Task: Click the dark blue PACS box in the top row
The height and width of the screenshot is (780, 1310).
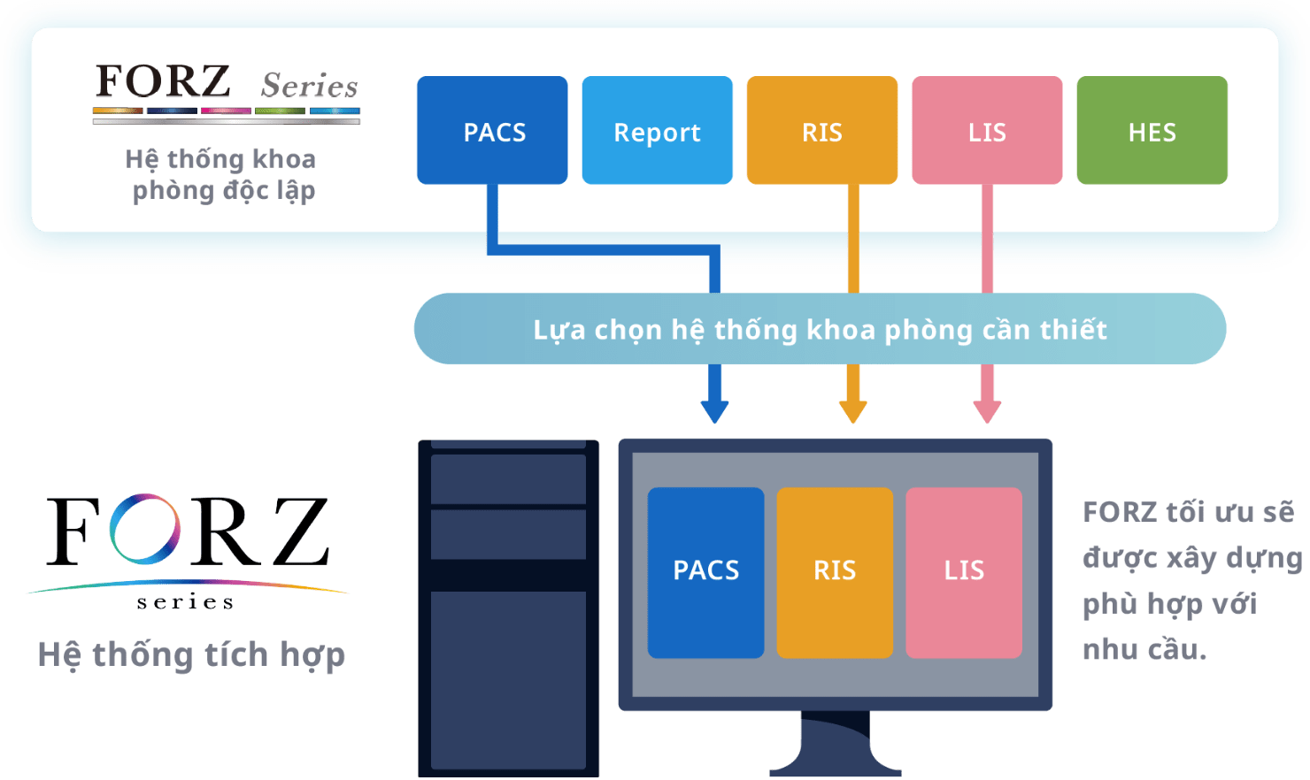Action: (x=492, y=130)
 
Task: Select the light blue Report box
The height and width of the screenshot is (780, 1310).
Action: (x=657, y=130)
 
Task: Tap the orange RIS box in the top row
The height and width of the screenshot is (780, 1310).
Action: (x=821, y=130)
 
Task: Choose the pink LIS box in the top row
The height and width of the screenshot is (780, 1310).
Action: (x=987, y=130)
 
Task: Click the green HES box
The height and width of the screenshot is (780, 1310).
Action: (x=1152, y=130)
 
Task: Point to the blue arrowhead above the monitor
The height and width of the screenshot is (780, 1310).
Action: (x=714, y=412)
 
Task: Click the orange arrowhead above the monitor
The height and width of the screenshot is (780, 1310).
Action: (x=852, y=412)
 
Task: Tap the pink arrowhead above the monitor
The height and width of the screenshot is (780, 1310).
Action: (x=987, y=412)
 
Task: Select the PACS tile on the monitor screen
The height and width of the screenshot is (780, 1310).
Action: (x=705, y=572)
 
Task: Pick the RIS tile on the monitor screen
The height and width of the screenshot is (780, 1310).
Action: (x=835, y=572)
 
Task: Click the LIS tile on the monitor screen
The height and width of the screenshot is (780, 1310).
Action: (x=964, y=572)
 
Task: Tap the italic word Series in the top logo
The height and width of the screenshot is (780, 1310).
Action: (x=309, y=85)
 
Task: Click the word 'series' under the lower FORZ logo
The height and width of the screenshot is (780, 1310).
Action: (x=185, y=602)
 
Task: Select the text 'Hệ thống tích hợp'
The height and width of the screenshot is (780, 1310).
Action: (x=191, y=654)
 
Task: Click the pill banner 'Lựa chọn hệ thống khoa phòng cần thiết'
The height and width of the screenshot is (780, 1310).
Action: (x=820, y=328)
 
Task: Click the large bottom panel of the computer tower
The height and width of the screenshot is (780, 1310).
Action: (x=508, y=680)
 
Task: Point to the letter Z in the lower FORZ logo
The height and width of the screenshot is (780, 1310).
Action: (x=300, y=531)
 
